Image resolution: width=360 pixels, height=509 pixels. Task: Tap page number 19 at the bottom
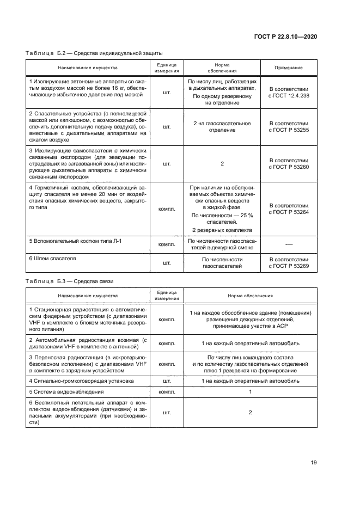(x=314, y=463)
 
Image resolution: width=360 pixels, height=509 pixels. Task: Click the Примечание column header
(x=289, y=68)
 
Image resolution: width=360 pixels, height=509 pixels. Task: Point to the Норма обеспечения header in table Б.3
(x=251, y=296)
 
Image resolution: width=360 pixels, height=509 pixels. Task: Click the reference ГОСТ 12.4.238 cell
(x=289, y=92)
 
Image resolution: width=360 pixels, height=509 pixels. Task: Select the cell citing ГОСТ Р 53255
(x=289, y=127)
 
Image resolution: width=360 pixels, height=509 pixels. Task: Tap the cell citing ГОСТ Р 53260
(x=289, y=164)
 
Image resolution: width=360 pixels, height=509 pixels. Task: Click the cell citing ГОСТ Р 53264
(x=289, y=208)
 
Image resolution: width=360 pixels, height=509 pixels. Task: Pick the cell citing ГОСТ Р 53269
(x=289, y=263)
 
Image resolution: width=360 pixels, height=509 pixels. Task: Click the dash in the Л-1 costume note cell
(x=289, y=244)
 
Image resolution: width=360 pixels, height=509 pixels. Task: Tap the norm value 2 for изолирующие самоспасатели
(x=222, y=164)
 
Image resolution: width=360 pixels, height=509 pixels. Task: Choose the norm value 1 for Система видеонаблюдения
(x=251, y=391)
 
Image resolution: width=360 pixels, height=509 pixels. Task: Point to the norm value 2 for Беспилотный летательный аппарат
(x=251, y=413)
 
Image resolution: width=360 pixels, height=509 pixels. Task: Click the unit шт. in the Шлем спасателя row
(x=167, y=263)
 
